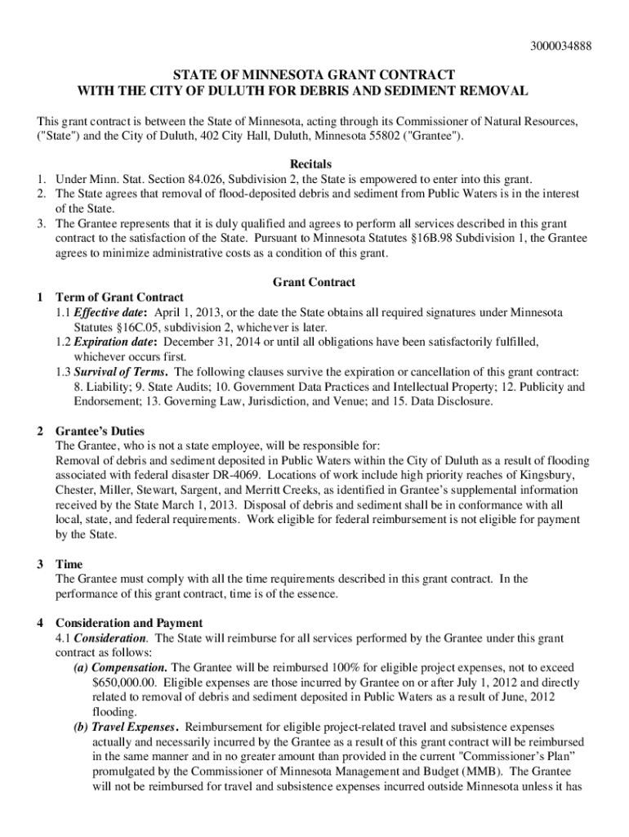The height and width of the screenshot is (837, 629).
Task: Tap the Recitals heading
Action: point(314,163)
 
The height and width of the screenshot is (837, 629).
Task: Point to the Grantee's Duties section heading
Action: point(99,431)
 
